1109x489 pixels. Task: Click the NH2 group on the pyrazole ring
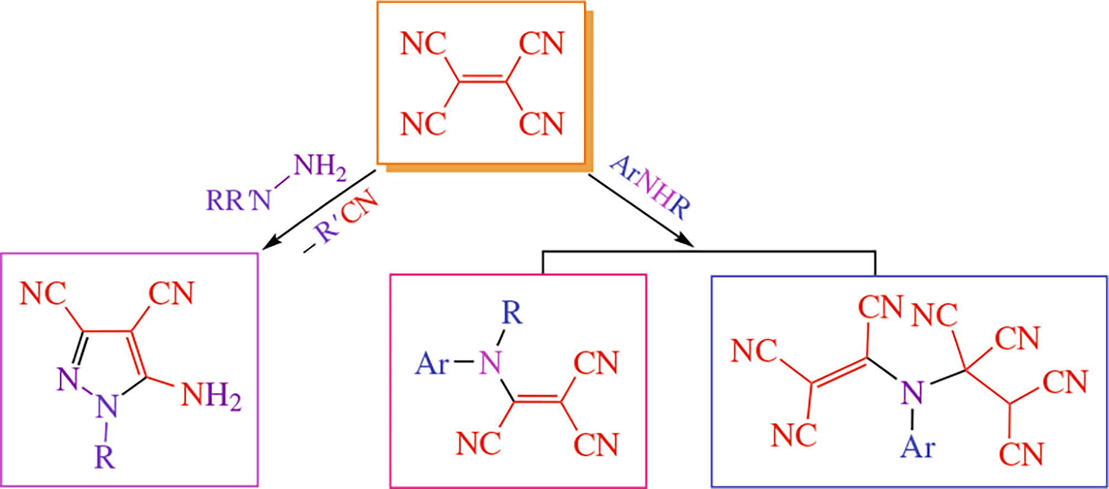pyautogui.click(x=211, y=396)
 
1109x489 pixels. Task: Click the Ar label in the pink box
pyautogui.click(x=431, y=364)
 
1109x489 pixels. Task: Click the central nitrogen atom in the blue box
pyautogui.click(x=912, y=392)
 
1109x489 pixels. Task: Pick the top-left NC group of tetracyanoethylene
pyautogui.click(x=423, y=44)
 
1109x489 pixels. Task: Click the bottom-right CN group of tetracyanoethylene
pyautogui.click(x=542, y=123)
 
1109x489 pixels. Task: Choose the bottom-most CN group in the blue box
pyautogui.click(x=1022, y=454)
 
